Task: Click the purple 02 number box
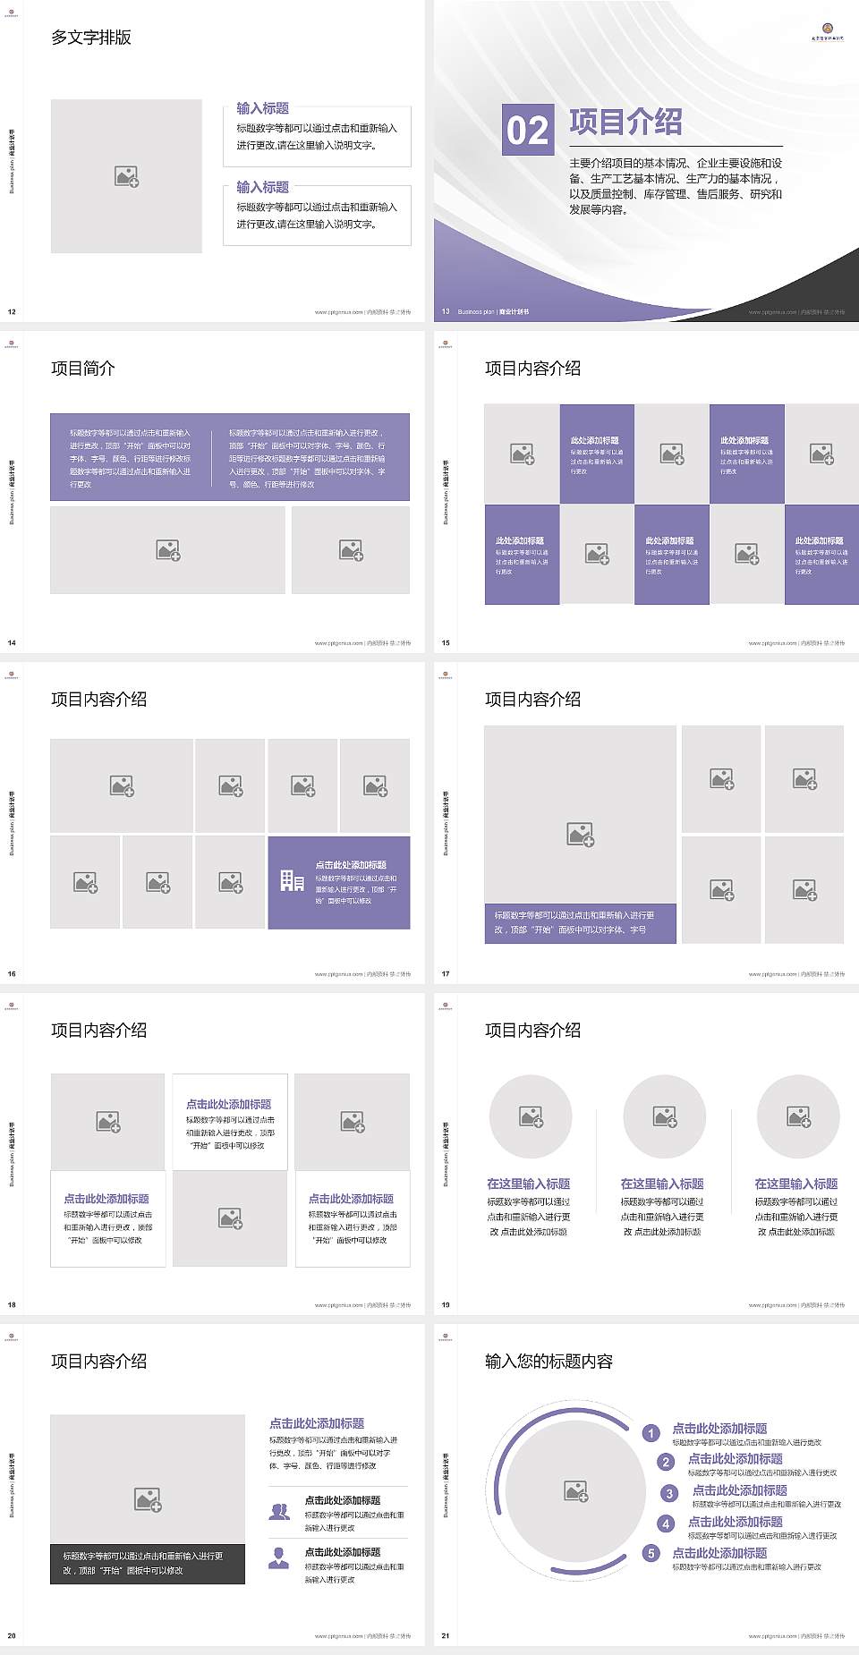(527, 130)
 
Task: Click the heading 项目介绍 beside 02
(625, 122)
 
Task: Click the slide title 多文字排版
(91, 38)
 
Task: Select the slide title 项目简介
(83, 369)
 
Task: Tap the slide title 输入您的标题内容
(549, 1362)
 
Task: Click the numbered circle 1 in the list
(651, 1433)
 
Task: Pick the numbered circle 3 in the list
(669, 1493)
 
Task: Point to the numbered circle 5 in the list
(651, 1553)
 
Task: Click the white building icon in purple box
(293, 881)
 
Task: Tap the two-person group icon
(279, 1512)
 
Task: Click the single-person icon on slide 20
(279, 1558)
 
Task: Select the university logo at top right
(826, 30)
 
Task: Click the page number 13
(446, 312)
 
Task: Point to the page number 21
(446, 1636)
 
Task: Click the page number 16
(12, 974)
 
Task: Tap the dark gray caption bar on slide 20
(148, 1563)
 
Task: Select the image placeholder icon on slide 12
(127, 176)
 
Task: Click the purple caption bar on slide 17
(580, 922)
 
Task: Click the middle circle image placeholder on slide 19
(665, 1116)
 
